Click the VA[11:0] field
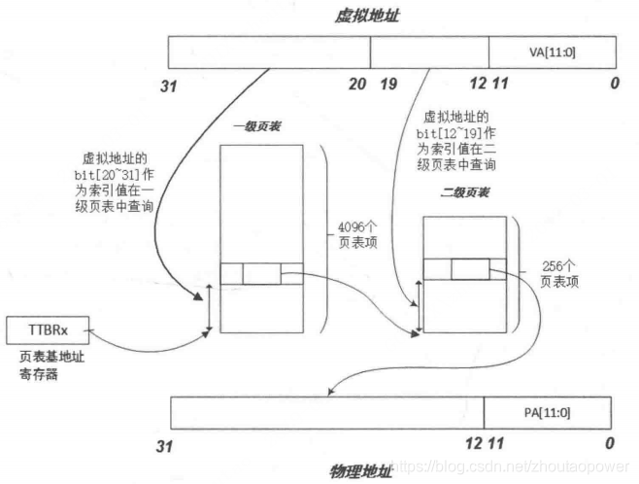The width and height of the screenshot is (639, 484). [x=552, y=52]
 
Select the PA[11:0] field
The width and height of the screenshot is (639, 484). [x=547, y=413]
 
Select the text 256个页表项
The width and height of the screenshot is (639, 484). [x=560, y=273]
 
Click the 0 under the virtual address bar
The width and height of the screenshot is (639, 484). [x=614, y=85]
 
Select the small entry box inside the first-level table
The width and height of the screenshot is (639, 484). [x=261, y=274]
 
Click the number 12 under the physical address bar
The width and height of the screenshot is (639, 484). [x=474, y=444]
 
